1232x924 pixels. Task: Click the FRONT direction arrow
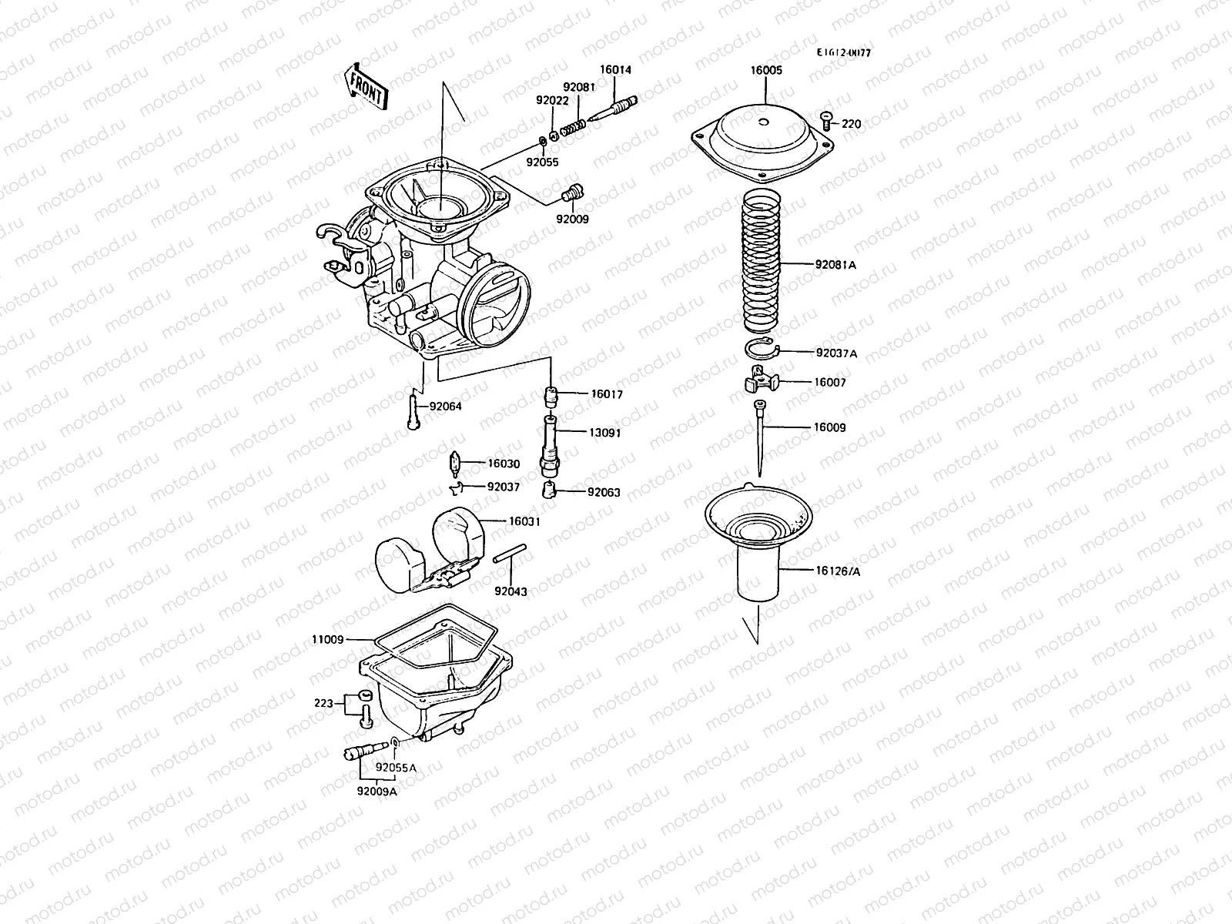(367, 88)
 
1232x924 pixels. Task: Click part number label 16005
(766, 70)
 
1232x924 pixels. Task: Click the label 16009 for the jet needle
(829, 427)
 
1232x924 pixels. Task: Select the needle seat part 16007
(762, 380)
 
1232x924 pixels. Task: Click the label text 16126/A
(838, 571)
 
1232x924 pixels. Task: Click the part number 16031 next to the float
(524, 521)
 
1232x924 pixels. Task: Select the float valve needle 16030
(454, 464)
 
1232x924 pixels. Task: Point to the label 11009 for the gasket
(328, 639)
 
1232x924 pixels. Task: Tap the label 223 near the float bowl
(324, 703)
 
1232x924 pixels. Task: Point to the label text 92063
(603, 492)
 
